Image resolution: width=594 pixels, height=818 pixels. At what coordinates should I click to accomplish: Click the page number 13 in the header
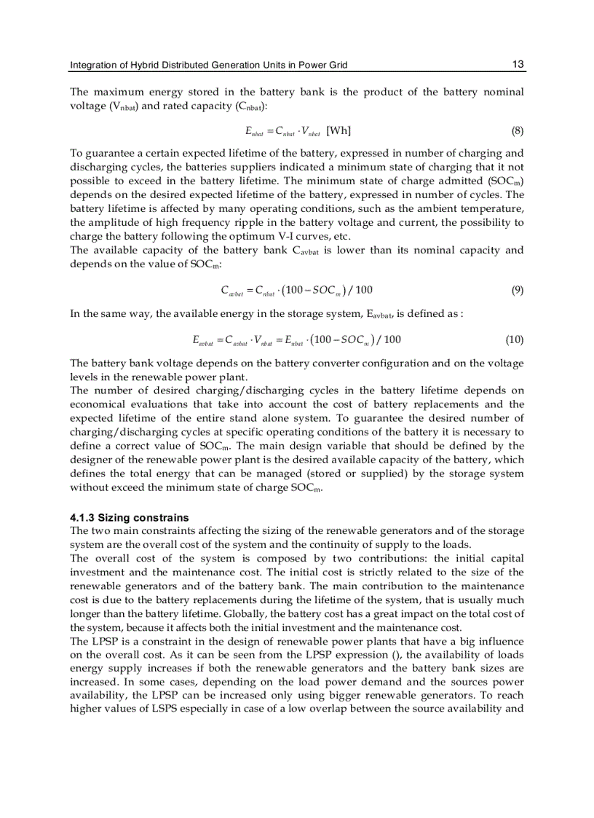(518, 64)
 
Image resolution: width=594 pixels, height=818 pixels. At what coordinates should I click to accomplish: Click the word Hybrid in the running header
(145, 66)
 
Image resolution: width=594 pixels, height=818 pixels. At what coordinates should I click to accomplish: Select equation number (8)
(517, 131)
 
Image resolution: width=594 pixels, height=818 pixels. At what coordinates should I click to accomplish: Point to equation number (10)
(514, 339)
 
